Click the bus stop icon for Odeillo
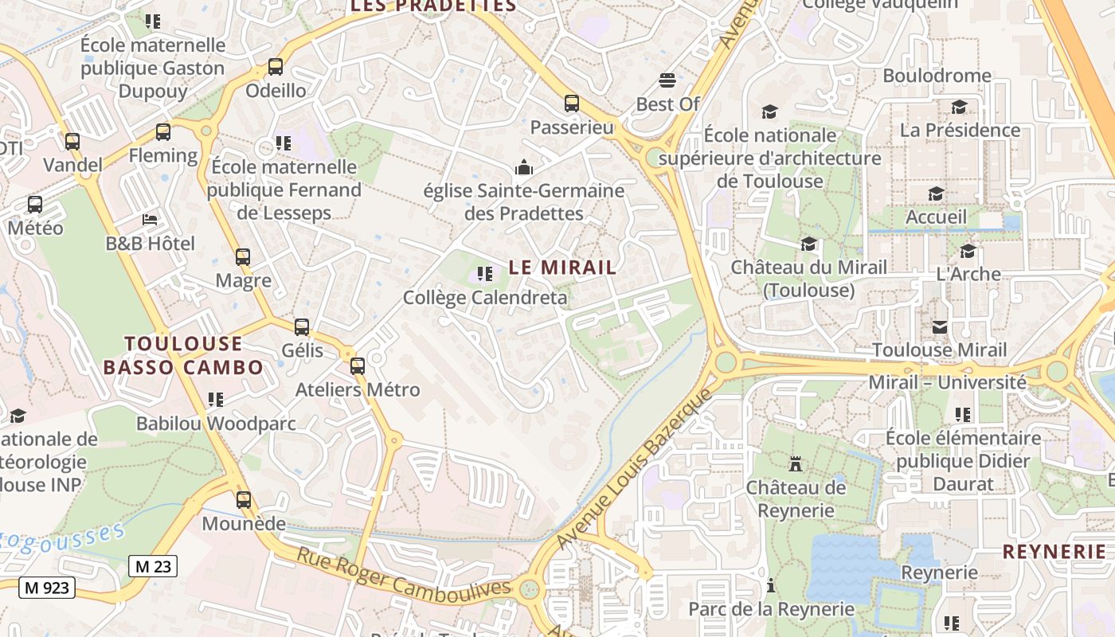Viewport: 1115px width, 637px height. (276, 67)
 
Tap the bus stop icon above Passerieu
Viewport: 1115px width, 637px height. (572, 104)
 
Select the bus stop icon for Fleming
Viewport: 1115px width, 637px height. (163, 132)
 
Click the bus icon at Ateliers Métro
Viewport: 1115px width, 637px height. (358, 366)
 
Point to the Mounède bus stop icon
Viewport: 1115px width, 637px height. (244, 500)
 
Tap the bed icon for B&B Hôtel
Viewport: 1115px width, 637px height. (150, 219)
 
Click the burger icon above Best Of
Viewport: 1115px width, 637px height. (667, 80)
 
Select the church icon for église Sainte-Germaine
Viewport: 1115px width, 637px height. (524, 167)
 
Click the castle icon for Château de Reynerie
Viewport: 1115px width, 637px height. (795, 463)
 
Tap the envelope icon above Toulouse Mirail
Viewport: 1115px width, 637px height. (940, 326)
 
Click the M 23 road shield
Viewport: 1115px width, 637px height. (153, 566)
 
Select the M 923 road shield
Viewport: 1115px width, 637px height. (47, 588)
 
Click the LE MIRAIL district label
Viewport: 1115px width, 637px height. (562, 268)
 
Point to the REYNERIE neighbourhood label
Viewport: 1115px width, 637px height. (1054, 551)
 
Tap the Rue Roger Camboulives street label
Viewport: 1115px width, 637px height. (403, 572)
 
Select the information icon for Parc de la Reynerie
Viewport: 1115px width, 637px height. (770, 586)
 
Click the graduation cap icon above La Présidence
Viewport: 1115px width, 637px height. (960, 107)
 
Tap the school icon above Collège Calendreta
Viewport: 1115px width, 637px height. (484, 275)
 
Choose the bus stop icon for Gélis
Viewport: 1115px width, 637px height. (302, 327)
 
